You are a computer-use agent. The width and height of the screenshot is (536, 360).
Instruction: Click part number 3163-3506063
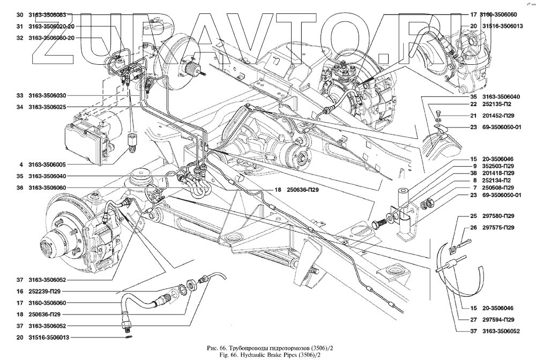point(51,14)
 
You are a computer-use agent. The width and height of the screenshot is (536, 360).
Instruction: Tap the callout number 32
point(20,38)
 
